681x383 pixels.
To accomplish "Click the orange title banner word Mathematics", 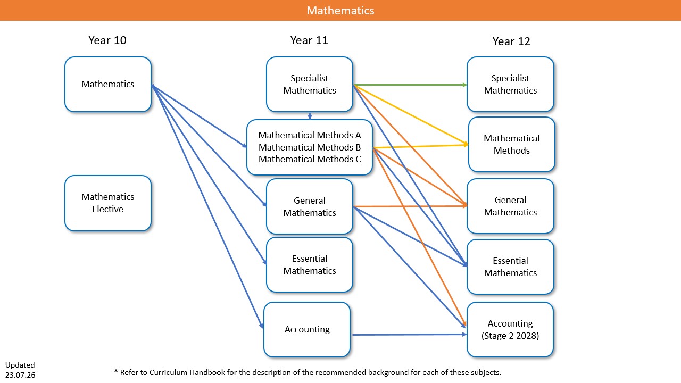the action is tap(340, 11).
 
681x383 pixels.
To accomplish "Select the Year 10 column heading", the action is tap(107, 40).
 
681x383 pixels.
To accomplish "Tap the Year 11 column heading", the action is tap(309, 40).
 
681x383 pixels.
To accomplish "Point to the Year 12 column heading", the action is tap(511, 41).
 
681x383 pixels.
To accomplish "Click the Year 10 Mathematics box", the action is tap(108, 84).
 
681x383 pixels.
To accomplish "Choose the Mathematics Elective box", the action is tap(108, 203).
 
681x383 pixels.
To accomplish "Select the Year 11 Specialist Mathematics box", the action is tap(310, 84).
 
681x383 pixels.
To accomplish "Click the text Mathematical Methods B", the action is tap(310, 147).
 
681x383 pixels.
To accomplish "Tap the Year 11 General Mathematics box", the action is tap(310, 206).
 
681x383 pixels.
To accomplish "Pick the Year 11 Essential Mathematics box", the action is tap(310, 264).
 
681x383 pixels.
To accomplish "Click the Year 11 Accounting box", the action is tap(307, 329).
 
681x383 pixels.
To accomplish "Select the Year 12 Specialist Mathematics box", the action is tap(510, 84).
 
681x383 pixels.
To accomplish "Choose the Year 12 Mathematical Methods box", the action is tap(512, 144).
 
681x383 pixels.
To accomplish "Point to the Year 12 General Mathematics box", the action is tap(510, 206).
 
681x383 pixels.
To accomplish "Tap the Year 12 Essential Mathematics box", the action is tap(510, 267).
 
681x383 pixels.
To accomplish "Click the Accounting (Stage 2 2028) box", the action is tap(510, 329).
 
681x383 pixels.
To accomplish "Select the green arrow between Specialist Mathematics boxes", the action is tap(410, 85).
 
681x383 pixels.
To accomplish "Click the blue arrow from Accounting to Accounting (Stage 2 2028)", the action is tap(410, 335).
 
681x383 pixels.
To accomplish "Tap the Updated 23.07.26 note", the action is tap(20, 370).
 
